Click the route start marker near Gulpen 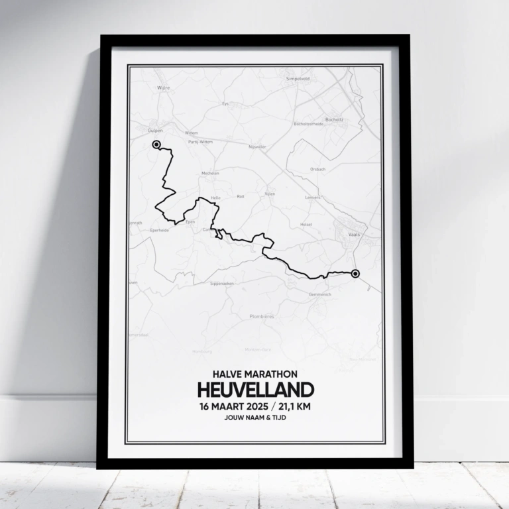pos(156,144)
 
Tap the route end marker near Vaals pos(355,273)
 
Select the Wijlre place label pos(164,87)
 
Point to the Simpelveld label pos(298,78)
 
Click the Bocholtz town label pos(334,119)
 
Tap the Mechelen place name pos(210,173)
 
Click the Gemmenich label pos(319,293)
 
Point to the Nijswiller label pos(256,146)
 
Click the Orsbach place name pos(317,169)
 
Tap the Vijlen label pos(270,194)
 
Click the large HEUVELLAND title pos(254,390)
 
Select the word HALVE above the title pos(229,374)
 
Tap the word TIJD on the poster pos(278,419)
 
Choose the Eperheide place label pos(160,230)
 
